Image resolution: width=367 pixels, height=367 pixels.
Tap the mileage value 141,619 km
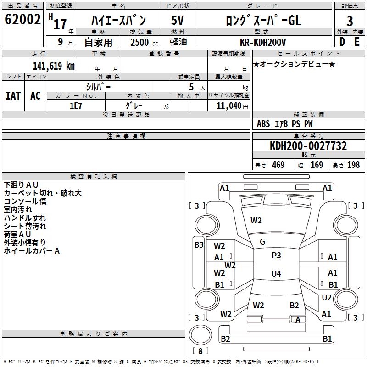tap(54, 66)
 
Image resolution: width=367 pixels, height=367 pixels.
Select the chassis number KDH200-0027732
tap(308, 146)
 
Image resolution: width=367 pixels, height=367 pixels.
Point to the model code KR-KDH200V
tap(263, 42)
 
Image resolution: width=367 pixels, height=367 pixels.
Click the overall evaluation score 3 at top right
tap(350, 21)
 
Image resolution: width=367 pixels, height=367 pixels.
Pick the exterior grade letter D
tap(342, 42)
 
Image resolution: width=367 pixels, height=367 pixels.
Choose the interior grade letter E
tap(357, 42)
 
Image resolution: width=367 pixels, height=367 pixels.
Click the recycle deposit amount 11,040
tap(228, 106)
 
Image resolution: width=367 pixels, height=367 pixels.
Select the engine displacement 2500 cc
tap(140, 42)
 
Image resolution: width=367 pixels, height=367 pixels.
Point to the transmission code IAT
tap(13, 95)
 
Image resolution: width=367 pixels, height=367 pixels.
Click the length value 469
tap(278, 165)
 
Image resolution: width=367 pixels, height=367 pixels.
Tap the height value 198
tap(353, 165)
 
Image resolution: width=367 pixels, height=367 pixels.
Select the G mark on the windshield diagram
tap(262, 242)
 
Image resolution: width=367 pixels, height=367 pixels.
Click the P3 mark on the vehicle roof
tap(276, 256)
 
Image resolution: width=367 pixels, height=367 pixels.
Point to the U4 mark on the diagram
tap(276, 274)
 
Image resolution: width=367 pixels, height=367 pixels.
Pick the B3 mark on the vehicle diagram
tap(199, 245)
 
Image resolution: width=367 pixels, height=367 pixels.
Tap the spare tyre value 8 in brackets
tap(200, 351)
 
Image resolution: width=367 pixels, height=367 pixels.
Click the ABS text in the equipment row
tap(263, 124)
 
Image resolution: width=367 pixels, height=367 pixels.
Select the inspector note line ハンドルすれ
tap(25, 217)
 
